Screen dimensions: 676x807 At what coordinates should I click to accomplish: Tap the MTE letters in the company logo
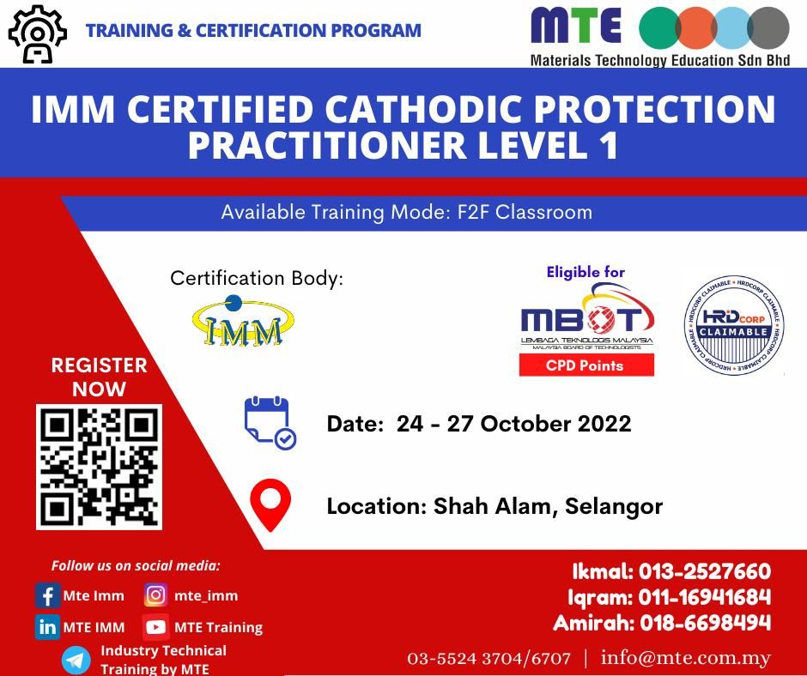574,26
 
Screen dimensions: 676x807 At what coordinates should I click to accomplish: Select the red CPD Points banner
586,365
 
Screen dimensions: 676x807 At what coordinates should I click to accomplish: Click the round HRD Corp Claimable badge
733,325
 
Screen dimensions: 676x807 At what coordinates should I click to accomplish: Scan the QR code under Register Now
99,467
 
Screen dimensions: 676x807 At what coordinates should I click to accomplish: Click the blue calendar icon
269,423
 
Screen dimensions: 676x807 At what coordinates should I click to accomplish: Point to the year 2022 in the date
601,424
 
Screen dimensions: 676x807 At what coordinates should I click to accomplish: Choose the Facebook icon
48,595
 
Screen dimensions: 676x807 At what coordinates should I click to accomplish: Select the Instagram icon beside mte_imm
155,595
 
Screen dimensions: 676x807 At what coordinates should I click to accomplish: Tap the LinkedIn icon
48,627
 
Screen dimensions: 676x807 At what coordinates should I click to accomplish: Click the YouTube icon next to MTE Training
155,627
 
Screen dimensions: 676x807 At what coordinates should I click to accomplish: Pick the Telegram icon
76,660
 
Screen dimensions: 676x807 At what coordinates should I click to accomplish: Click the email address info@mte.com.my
686,658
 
